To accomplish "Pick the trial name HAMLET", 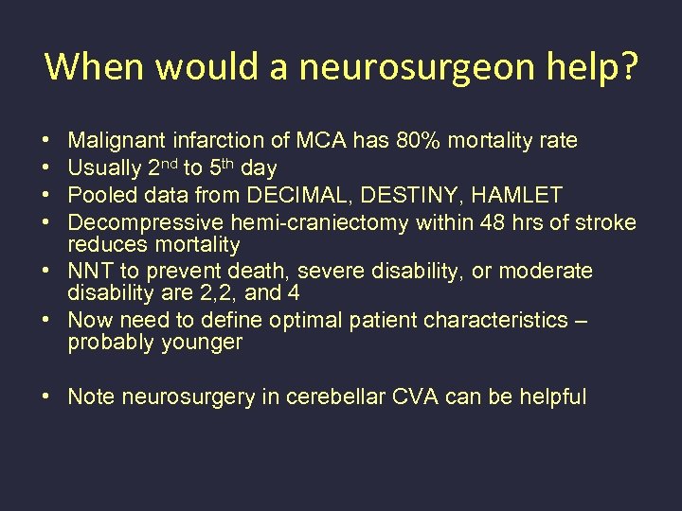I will (x=520, y=196).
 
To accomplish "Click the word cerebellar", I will (x=346, y=396).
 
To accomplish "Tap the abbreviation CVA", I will (x=423, y=396).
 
